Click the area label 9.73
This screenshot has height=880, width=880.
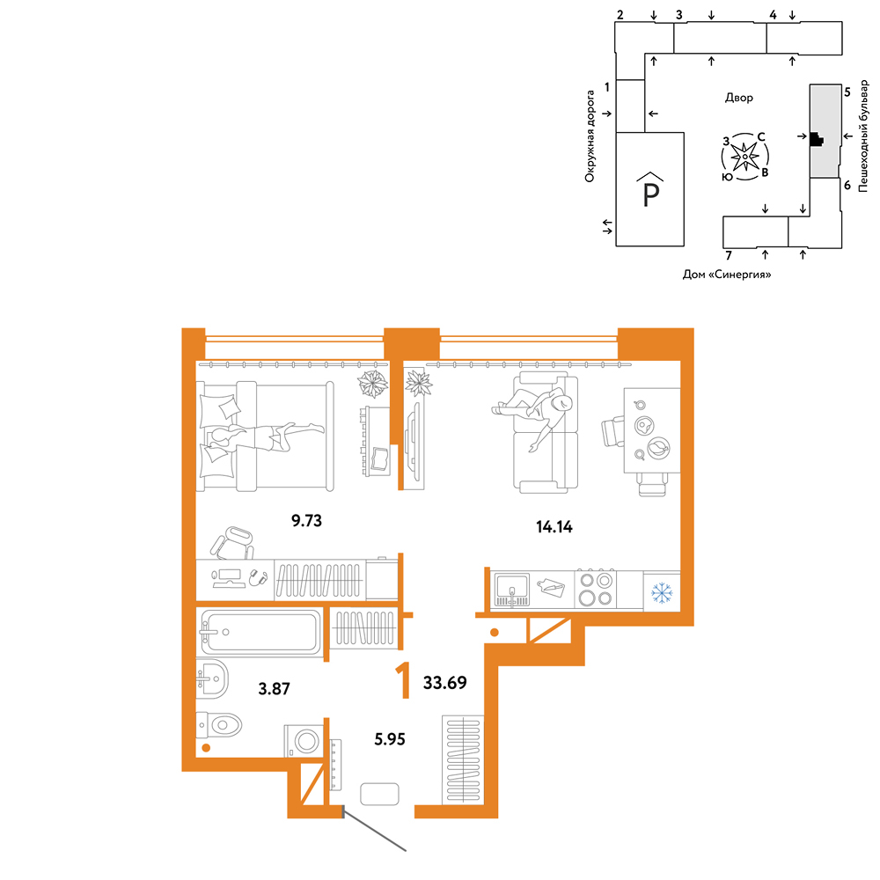(x=306, y=520)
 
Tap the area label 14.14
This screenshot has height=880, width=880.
(x=554, y=527)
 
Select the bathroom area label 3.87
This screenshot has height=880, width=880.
(x=274, y=689)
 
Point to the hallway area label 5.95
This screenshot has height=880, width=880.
(x=390, y=739)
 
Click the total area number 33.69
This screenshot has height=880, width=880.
(x=444, y=683)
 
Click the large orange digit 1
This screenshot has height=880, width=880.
(x=403, y=680)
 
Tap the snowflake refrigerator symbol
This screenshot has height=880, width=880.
(x=662, y=593)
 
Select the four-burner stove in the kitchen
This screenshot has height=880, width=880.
(x=596, y=589)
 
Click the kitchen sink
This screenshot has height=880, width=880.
(x=510, y=590)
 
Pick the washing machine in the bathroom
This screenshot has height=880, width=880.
(x=304, y=741)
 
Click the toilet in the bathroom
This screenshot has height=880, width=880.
(x=219, y=725)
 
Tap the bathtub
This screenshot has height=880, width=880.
(x=260, y=632)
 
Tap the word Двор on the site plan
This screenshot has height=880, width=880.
(x=738, y=98)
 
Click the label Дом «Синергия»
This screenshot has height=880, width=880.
(x=726, y=275)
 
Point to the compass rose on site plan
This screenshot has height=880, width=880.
(x=744, y=157)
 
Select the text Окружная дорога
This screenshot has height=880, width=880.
(x=590, y=136)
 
